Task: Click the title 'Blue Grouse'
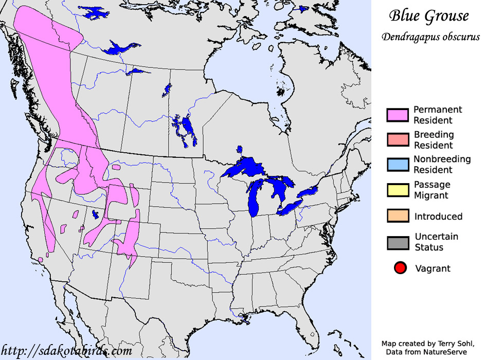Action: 428,16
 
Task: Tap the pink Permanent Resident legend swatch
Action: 398,115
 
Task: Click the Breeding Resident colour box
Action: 398,140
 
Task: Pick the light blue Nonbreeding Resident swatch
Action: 398,165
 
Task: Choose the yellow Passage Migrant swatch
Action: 398,190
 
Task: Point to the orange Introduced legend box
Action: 398,216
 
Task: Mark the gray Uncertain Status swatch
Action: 398,242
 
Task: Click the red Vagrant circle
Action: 401,268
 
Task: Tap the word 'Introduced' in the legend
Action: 438,217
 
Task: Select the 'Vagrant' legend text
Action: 432,268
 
